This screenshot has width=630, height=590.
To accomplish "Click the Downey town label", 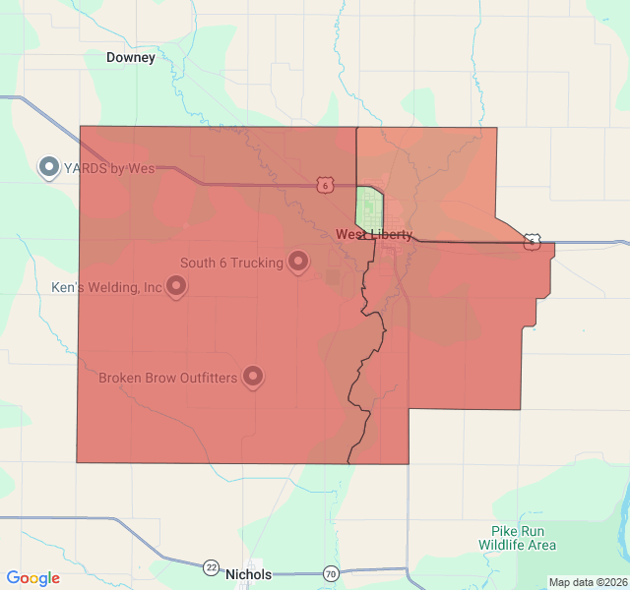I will coord(131,58).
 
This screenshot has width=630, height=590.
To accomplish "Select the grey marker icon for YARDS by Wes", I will coord(48,167).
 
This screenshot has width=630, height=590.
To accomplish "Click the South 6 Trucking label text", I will coord(231,263).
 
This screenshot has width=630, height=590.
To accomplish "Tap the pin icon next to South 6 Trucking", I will coord(298,262).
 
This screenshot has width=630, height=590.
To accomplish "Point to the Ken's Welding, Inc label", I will coord(106,288).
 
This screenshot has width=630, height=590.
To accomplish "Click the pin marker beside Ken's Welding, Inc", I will coord(176,287).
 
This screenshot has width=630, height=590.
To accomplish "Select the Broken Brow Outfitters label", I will coord(167,378).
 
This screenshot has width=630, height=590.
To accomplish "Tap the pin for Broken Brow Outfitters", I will coord(253,377).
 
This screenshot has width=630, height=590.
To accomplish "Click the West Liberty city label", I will coord(374,235).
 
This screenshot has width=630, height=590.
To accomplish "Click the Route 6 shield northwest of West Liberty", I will coord(325,185).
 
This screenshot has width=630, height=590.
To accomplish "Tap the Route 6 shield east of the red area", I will coord(532,240).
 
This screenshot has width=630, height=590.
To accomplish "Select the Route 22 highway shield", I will coord(212,567).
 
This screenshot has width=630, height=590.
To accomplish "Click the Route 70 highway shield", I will coord(331,573).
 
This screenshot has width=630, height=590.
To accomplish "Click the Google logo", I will coord(32,578).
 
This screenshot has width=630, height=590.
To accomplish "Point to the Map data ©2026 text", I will coord(587,582).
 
